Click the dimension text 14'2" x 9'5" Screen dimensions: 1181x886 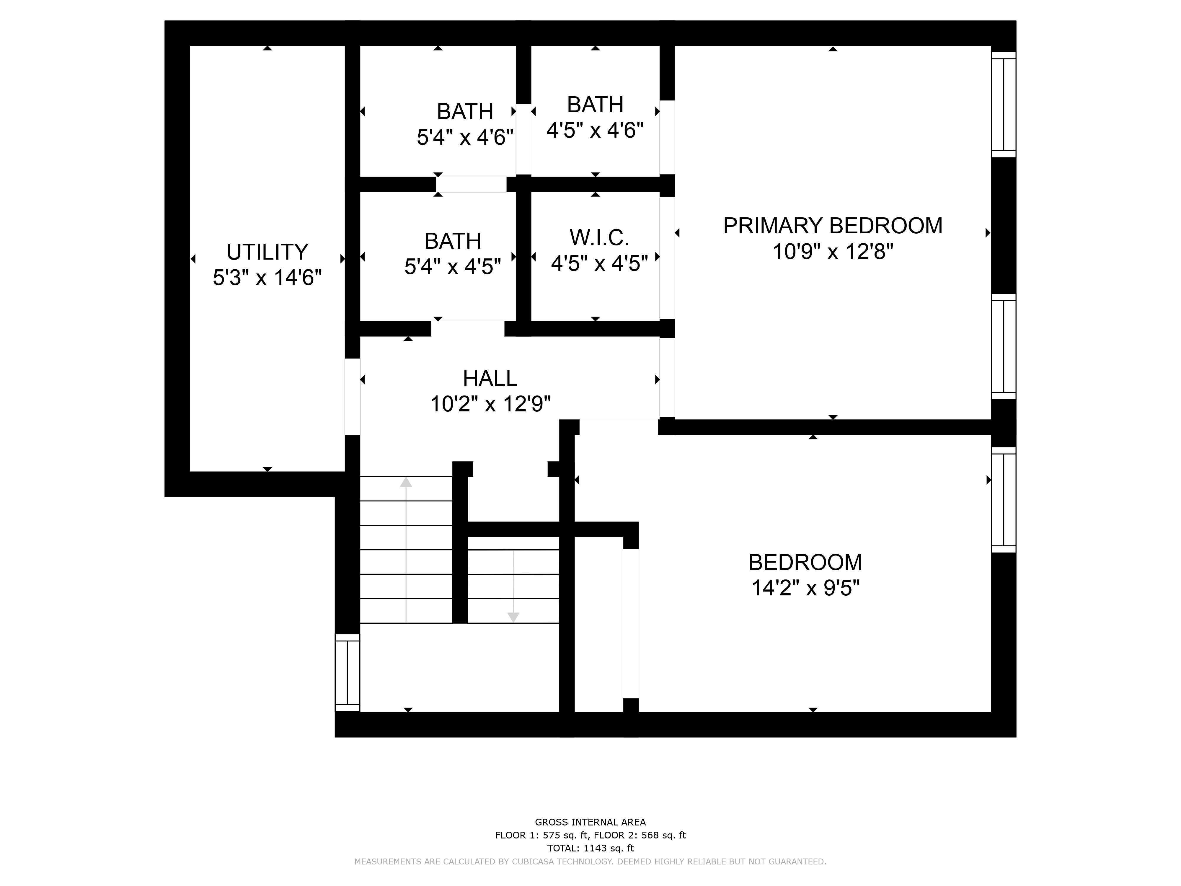(806, 588)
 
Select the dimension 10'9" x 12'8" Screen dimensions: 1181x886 (832, 251)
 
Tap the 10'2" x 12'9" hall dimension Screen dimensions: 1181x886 (490, 404)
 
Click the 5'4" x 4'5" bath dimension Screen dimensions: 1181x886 (453, 266)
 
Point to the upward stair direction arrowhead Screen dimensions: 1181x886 (406, 482)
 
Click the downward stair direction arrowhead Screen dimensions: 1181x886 (513, 617)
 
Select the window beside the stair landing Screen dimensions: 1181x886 (348, 672)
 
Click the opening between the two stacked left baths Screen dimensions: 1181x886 (472, 184)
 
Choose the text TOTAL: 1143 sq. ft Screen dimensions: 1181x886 (590, 848)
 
